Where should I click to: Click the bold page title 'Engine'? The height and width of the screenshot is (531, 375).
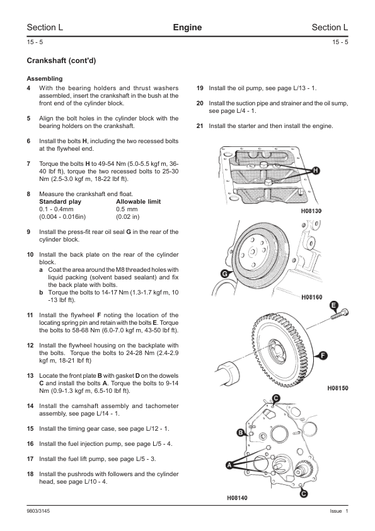point(187,27)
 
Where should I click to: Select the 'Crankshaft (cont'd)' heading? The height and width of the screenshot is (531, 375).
point(61,61)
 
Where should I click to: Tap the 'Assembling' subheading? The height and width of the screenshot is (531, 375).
point(45,79)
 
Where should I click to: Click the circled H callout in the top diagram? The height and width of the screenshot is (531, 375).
point(315,171)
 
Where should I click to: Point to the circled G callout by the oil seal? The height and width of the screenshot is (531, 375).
point(224,274)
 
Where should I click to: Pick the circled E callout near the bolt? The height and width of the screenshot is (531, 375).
point(333,306)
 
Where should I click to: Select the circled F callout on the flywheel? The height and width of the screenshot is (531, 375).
point(323,356)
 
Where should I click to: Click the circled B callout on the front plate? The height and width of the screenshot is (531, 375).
point(241,433)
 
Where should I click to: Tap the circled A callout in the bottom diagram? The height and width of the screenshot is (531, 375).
point(230,465)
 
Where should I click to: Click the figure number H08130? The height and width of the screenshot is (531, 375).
point(311,211)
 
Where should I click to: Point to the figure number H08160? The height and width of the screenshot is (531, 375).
point(312,297)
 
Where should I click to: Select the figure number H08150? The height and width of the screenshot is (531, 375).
point(338,388)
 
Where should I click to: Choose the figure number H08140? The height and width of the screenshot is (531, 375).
point(237,498)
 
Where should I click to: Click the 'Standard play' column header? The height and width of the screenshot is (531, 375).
point(61,202)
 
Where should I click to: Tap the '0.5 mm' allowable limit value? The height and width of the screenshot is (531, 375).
point(127,209)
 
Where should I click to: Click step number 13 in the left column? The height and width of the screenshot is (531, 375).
point(30,376)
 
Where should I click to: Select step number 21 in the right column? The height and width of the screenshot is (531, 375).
point(200,126)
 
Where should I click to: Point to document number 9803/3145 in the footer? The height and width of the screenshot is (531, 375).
point(38,511)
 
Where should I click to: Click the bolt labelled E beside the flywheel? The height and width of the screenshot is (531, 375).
point(340,313)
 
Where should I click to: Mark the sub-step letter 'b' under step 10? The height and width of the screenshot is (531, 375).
point(41,292)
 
